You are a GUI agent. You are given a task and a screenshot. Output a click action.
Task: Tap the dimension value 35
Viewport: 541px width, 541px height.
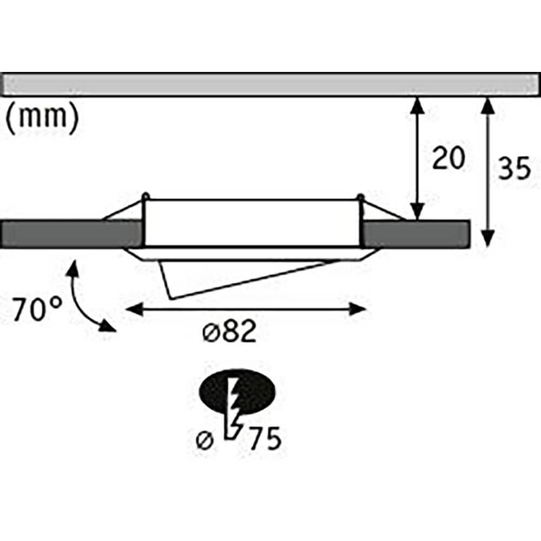[513, 169]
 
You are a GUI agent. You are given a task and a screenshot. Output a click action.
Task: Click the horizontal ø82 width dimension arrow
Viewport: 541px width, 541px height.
[246, 309]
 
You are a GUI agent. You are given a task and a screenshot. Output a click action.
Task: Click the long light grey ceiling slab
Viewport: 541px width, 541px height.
[270, 85]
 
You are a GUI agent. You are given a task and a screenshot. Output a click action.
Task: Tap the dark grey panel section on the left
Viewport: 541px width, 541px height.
[68, 234]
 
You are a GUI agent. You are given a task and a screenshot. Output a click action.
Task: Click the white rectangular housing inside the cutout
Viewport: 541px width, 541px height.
[252, 222]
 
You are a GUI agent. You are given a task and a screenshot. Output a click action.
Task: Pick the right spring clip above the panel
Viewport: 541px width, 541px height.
[379, 211]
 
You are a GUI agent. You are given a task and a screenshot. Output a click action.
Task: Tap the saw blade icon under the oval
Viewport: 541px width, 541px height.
[234, 411]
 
